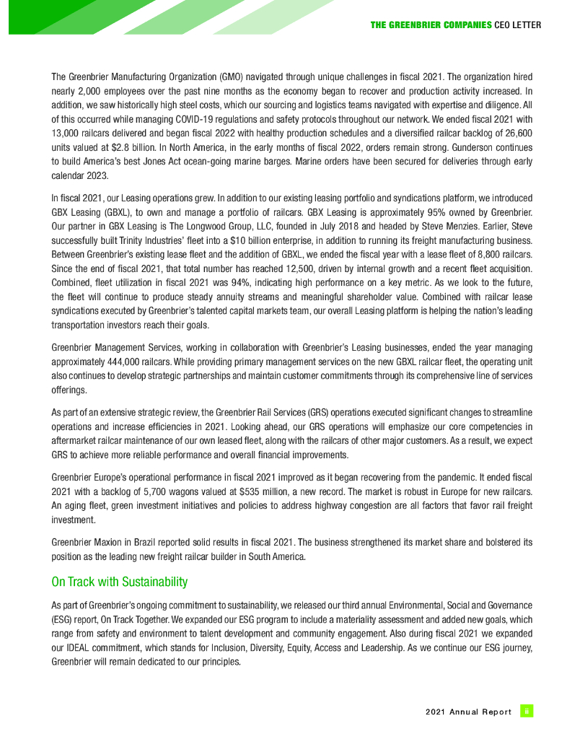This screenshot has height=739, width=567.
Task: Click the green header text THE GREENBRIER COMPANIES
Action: pyautogui.click(x=431, y=25)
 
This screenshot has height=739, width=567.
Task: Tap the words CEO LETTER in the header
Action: pyautogui.click(x=518, y=25)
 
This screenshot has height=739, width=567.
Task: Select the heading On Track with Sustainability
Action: pyautogui.click(x=119, y=582)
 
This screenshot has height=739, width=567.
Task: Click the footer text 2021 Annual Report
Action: pyautogui.click(x=469, y=712)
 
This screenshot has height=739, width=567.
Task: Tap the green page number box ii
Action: pyautogui.click(x=527, y=711)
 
